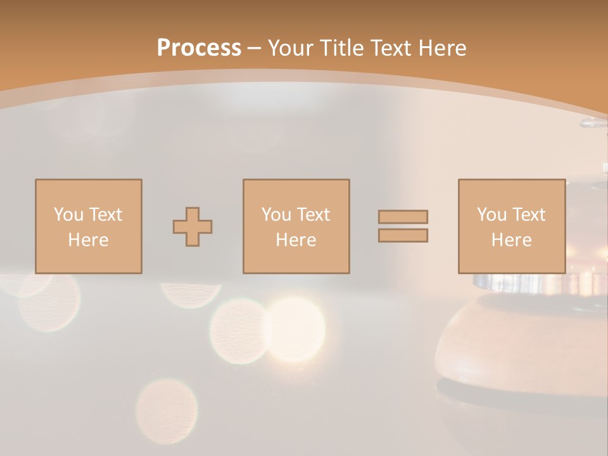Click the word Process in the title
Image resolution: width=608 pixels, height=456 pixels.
pyautogui.click(x=199, y=48)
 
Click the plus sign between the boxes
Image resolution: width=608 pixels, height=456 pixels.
pyautogui.click(x=193, y=227)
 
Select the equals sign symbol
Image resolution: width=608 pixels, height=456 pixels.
pyautogui.click(x=403, y=226)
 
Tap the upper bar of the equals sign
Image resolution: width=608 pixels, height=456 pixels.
pyautogui.click(x=403, y=217)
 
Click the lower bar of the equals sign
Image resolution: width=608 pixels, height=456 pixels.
pyautogui.click(x=403, y=236)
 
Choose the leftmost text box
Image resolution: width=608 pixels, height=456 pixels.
pyautogui.click(x=88, y=226)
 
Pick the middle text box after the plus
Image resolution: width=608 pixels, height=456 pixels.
pyautogui.click(x=296, y=226)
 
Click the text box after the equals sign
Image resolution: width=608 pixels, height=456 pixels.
pyautogui.click(x=511, y=226)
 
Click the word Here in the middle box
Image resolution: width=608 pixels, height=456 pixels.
pyautogui.click(x=296, y=240)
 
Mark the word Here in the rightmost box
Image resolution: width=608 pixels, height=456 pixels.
pyautogui.click(x=511, y=240)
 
